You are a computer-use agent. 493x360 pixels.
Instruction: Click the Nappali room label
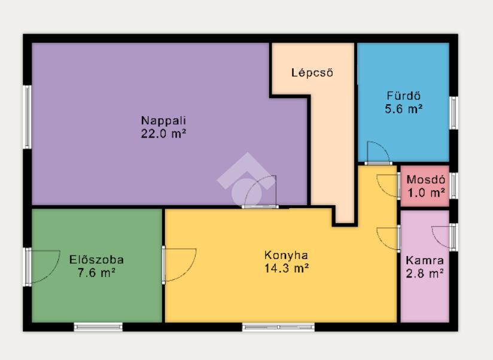point(163,121)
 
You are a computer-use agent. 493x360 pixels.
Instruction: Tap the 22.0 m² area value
point(163,134)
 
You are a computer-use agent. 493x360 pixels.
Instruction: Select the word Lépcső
point(312,72)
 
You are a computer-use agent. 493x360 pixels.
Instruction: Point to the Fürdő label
point(403,96)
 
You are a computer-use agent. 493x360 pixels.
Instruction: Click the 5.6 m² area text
point(403,109)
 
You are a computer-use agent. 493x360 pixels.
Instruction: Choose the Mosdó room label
point(426,179)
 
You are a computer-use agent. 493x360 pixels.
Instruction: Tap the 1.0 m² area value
point(426,192)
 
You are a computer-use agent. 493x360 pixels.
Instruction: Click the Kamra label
point(425,260)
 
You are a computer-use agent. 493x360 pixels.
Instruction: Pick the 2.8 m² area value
point(425,274)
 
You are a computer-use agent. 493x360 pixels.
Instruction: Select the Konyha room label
point(286,255)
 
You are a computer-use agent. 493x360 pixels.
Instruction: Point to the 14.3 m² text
point(286,269)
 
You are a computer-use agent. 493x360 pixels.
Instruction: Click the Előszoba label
point(96,260)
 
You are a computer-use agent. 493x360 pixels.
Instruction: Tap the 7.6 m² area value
point(96,273)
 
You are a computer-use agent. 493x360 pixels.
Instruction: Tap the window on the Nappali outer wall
point(28,117)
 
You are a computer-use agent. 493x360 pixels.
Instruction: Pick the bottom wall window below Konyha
point(278,327)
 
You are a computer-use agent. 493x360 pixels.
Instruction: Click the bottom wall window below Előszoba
point(98,327)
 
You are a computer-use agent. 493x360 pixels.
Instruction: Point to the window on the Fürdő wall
point(454,113)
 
